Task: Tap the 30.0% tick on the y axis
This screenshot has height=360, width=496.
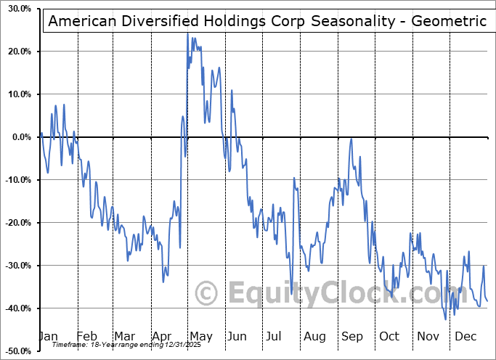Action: coord(17,9)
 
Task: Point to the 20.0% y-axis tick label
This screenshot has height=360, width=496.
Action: coord(17,52)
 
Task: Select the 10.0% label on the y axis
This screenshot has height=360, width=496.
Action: coord(17,95)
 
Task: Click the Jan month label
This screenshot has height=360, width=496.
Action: coord(48,336)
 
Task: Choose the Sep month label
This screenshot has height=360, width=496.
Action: coord(352,336)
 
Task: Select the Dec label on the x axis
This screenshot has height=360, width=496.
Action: coord(465,336)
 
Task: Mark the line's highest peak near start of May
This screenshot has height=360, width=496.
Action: coord(187,33)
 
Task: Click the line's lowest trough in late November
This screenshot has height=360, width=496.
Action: coord(446,319)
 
